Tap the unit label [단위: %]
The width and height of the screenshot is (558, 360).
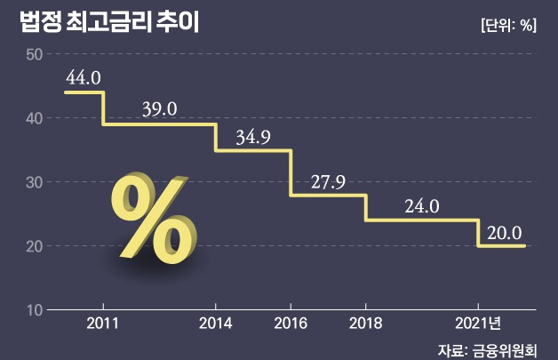click(506, 25)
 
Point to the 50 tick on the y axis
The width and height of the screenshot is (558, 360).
click(35, 54)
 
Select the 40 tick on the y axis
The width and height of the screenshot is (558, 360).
click(35, 118)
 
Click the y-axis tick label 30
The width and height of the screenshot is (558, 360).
click(35, 182)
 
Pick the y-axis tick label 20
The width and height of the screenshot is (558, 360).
click(35, 246)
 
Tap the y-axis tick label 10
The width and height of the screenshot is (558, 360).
click(35, 309)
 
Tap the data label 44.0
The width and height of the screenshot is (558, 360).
click(83, 77)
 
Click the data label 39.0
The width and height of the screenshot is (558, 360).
click(160, 108)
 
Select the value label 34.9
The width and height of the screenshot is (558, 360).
click(254, 137)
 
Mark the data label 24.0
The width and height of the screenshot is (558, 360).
click(422, 206)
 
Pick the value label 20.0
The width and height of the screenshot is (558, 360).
click(503, 232)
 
